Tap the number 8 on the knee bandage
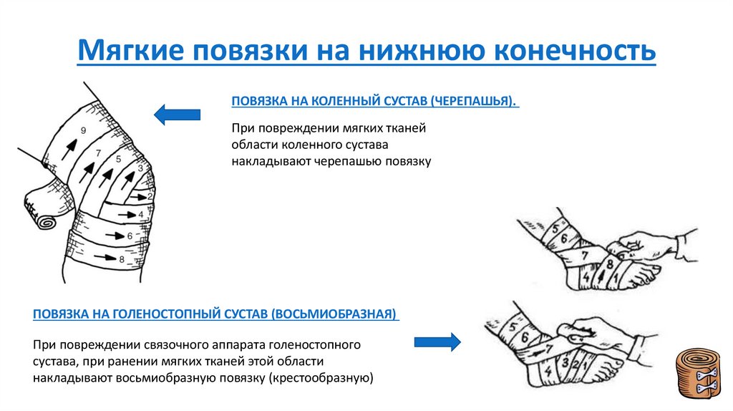click(122, 258)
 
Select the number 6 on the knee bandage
click(130, 235)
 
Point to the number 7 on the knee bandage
click(98, 153)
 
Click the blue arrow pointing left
click(177, 113)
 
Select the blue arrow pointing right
click(437, 342)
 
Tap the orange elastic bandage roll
click(700, 373)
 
